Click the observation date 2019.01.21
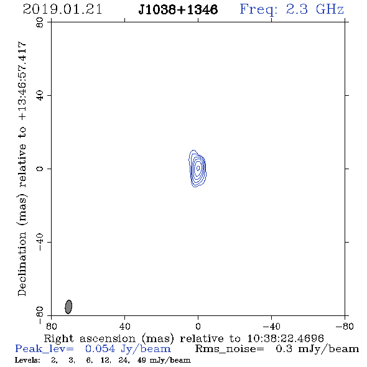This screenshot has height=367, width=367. tap(62, 9)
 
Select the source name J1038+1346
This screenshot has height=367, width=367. tap(178, 10)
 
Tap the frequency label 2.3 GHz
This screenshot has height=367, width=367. tap(315, 9)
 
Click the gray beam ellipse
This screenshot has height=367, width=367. tap(68, 307)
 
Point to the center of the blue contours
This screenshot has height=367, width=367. tap(198, 168)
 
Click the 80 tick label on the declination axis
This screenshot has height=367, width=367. tap(40, 22)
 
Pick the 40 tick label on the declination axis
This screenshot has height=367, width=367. tap(40, 96)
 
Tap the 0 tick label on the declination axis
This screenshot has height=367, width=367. tap(40, 169)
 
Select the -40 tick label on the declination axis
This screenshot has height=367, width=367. tap(40, 242)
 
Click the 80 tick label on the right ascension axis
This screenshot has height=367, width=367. tap(51, 327)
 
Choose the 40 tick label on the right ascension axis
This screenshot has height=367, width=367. tap(124, 327)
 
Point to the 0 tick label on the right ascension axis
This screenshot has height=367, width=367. tap(198, 327)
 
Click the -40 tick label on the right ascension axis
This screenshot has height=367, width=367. tap(271, 327)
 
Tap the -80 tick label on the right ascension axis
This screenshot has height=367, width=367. tap(345, 327)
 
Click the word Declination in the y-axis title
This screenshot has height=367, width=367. tap(22, 264)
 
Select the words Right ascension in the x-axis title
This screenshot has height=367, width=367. tap(90, 338)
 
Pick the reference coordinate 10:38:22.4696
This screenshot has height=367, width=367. tap(286, 338)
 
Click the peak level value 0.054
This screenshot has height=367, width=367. tap(100, 349)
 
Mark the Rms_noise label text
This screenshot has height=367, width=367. tap(230, 349)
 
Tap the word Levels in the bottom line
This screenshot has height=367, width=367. tap(27, 360)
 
